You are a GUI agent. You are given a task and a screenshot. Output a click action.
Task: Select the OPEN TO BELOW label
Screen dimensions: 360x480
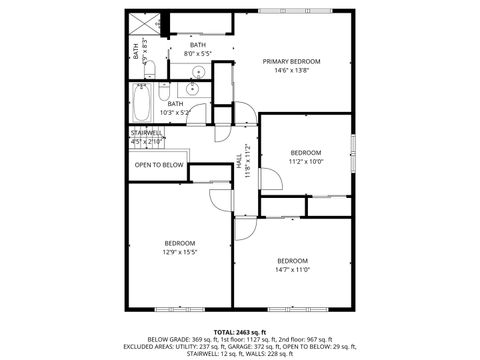tap(159, 165)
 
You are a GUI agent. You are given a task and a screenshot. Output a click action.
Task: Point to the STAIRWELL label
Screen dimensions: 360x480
tap(146, 133)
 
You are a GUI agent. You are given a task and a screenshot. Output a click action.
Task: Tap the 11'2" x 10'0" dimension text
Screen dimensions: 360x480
tap(306, 161)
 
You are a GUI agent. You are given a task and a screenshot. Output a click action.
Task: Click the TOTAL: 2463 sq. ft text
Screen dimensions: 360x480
tap(240, 330)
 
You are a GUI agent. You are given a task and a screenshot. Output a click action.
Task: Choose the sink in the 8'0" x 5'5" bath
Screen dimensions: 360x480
tap(197, 72)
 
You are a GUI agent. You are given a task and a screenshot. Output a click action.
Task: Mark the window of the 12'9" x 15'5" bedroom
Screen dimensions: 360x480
tap(171, 306)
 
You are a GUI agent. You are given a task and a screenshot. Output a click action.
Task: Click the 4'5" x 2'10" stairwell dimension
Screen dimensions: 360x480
tap(146, 142)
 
